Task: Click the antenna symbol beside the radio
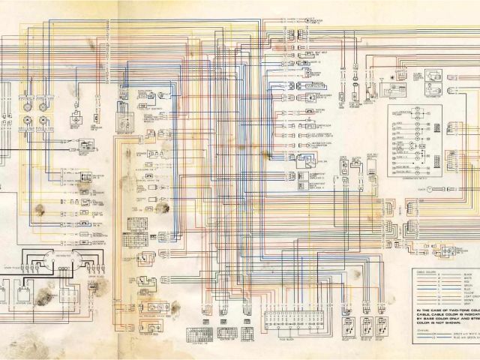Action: pos(382,78)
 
